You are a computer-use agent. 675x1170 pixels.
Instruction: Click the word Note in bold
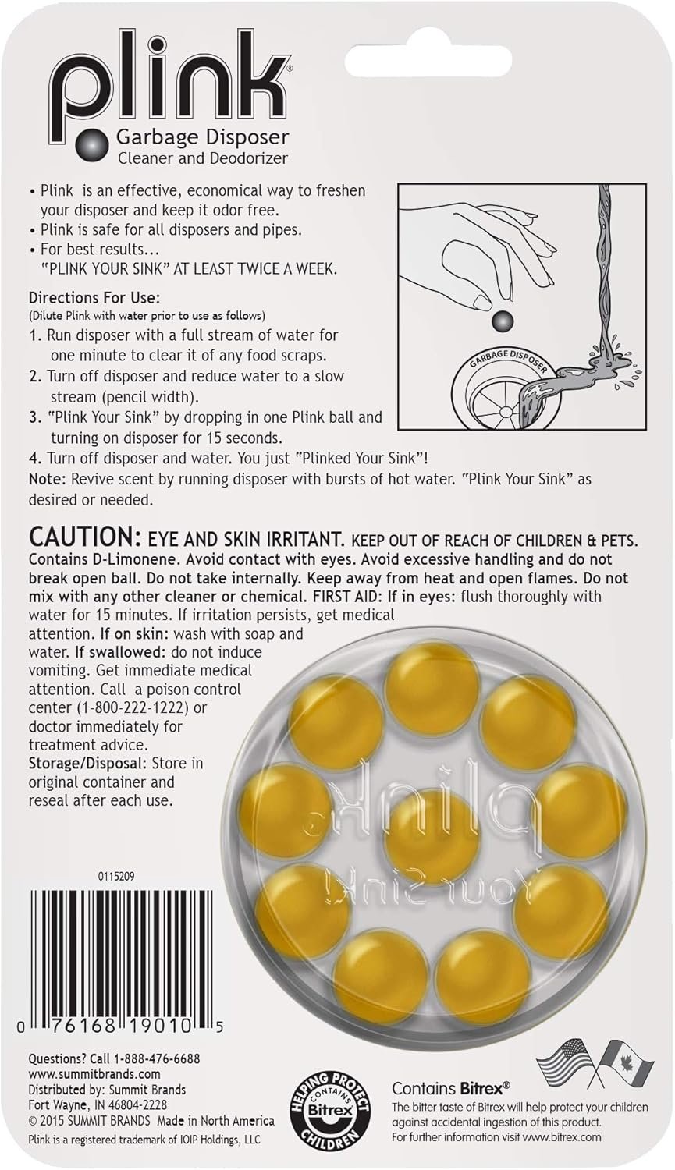point(47,478)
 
